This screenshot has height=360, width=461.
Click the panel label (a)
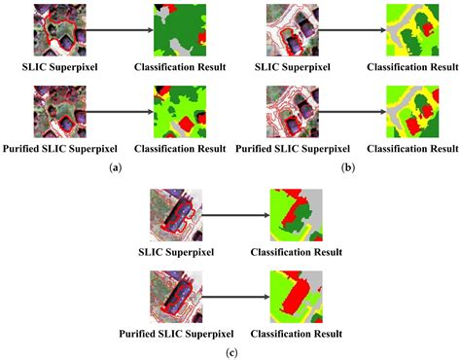click(x=116, y=167)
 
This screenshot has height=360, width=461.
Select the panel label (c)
click(x=230, y=349)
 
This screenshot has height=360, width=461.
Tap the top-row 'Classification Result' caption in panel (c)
click(x=296, y=251)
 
